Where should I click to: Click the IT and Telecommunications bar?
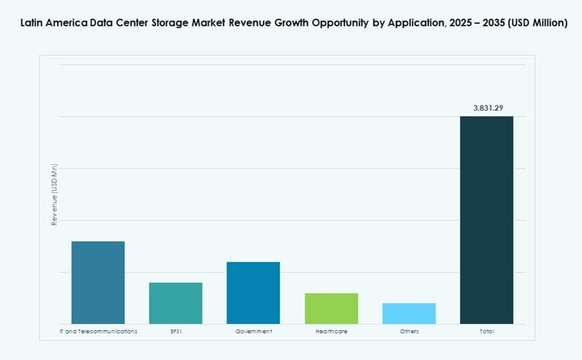pos(98,283)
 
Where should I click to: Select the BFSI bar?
pos(176,303)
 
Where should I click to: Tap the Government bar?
pos(253,293)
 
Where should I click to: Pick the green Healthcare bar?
pos(331,309)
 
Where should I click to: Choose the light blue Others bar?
pos(409,314)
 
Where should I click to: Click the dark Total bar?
pos(486,220)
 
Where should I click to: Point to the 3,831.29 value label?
pos(487,108)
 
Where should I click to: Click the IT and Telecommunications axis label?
pos(98,331)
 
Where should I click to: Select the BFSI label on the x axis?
pos(176,331)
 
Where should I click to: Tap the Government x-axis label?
pos(253,331)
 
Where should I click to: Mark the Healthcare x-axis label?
pos(331,331)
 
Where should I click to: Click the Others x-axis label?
pos(409,331)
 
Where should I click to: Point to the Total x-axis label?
pos(486,331)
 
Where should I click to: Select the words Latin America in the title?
pos(48,23)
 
